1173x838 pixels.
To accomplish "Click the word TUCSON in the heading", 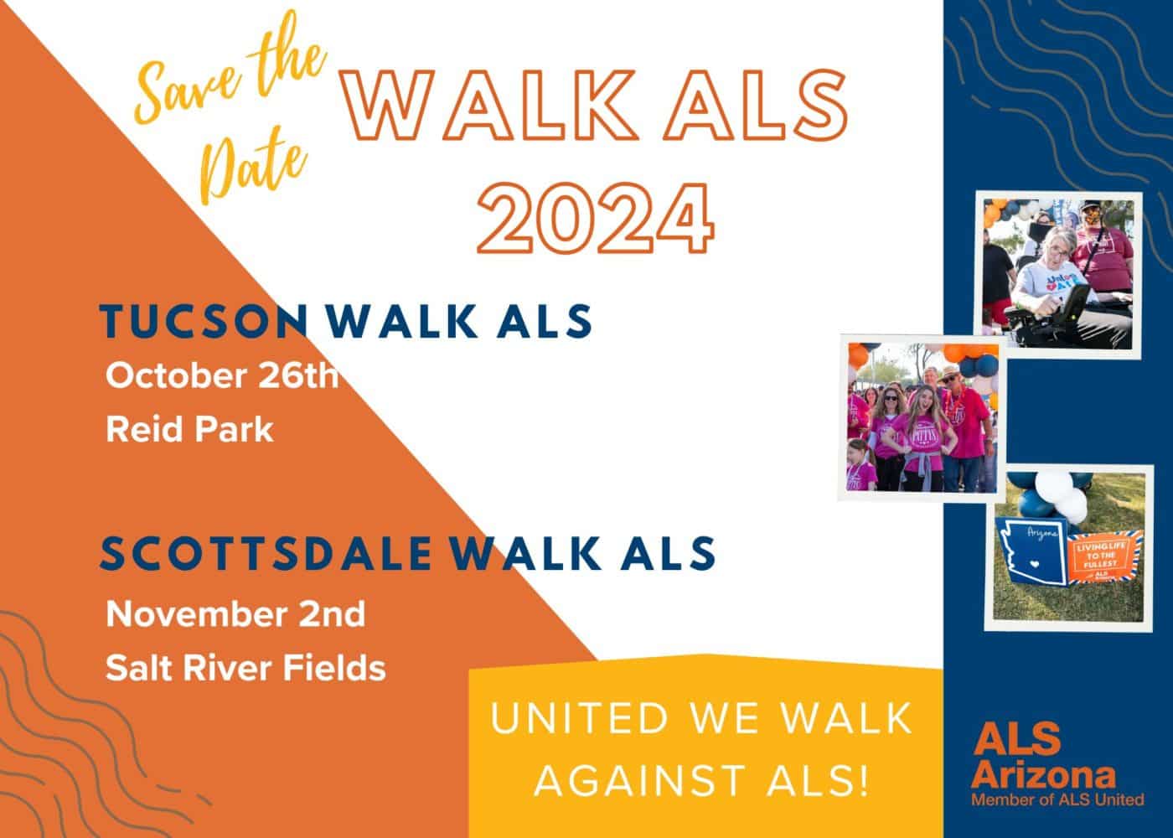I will (203, 322).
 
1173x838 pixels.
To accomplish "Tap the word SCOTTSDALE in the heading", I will (266, 553).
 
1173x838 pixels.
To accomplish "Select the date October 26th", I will (222, 376).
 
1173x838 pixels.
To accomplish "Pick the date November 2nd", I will (235, 614).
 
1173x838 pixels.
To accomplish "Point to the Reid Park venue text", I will (189, 430).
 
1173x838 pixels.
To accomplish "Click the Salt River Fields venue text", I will (245, 668).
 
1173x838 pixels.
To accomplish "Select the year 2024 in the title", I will (596, 220).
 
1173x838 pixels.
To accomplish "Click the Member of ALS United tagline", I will (1057, 799).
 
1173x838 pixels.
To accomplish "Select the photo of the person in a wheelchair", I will (1062, 273).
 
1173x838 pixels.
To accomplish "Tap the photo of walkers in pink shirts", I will (922, 417).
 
